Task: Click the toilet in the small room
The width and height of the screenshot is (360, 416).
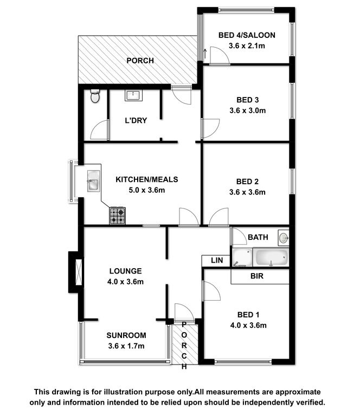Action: [95, 96]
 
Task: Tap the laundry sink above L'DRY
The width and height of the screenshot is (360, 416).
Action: [133, 95]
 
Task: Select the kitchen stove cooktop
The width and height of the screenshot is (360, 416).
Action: [117, 216]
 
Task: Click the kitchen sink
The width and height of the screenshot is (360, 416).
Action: [93, 181]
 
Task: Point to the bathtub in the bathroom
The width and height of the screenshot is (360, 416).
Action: [271, 257]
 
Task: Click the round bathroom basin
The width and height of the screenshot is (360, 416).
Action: [283, 238]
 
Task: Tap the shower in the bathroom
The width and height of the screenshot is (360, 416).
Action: [242, 257]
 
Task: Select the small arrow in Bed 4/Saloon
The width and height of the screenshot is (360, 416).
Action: [205, 54]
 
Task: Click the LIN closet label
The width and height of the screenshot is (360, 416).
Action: [217, 260]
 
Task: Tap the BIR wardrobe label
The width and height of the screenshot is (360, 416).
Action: [257, 276]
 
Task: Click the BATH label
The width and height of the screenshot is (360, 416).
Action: [258, 237]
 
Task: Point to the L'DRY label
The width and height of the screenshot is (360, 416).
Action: [136, 120]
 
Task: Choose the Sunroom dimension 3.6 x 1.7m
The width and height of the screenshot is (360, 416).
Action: [126, 346]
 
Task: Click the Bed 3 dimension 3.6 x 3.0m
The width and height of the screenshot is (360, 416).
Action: [247, 110]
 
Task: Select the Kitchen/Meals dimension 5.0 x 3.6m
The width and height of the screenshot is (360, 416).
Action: [147, 190]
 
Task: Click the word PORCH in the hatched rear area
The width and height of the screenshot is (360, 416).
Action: [140, 61]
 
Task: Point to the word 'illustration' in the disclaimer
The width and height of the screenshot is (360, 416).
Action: [123, 392]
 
